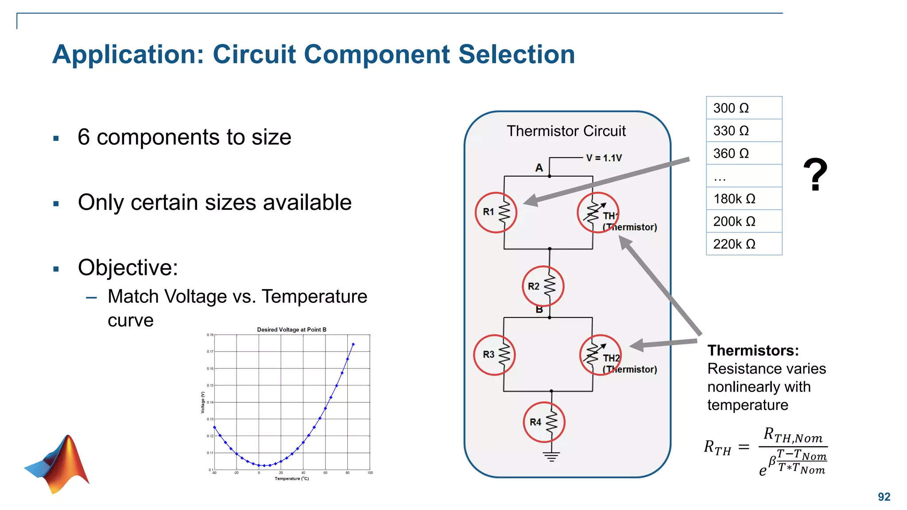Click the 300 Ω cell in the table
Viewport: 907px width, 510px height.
click(x=744, y=108)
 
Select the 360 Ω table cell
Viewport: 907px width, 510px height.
click(x=744, y=154)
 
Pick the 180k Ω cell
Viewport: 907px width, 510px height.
click(x=744, y=199)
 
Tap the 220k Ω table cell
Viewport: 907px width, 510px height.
click(x=744, y=244)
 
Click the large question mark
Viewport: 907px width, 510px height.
click(x=815, y=175)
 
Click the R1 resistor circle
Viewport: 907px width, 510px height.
click(x=496, y=212)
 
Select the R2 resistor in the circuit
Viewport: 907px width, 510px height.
click(x=543, y=286)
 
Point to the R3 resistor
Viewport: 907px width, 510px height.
click(x=494, y=355)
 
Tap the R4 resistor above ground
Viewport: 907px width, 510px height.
click(x=544, y=422)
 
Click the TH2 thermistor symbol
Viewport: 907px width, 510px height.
click(x=600, y=355)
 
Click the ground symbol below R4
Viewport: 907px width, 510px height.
click(x=551, y=456)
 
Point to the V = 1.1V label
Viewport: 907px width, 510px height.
click(x=604, y=158)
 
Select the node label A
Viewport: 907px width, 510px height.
click(x=539, y=168)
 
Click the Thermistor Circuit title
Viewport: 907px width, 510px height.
click(x=566, y=131)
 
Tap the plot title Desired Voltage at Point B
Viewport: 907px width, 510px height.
click(x=291, y=330)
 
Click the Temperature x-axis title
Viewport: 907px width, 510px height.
click(x=291, y=479)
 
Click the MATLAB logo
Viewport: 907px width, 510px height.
click(x=58, y=463)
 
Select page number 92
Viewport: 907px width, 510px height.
click(x=884, y=497)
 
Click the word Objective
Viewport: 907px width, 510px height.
click(x=128, y=267)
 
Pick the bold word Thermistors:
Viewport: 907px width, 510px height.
click(x=753, y=351)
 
